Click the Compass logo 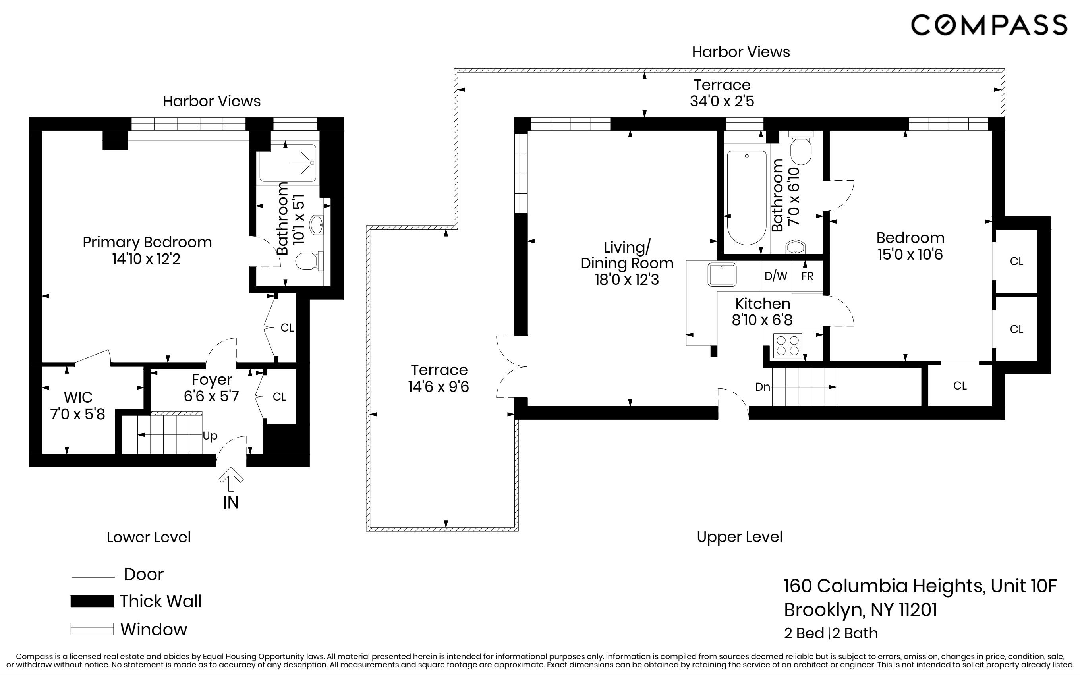989,25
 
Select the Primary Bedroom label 147,250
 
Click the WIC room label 78,405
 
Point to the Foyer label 212,388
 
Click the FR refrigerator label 807,276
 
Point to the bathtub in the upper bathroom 746,197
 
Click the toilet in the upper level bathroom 801,148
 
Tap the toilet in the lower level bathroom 310,261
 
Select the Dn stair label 763,387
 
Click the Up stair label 210,436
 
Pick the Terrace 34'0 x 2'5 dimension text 722,93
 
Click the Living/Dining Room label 627,263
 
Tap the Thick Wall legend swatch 92,601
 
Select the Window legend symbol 92,629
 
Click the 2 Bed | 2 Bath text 831,633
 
